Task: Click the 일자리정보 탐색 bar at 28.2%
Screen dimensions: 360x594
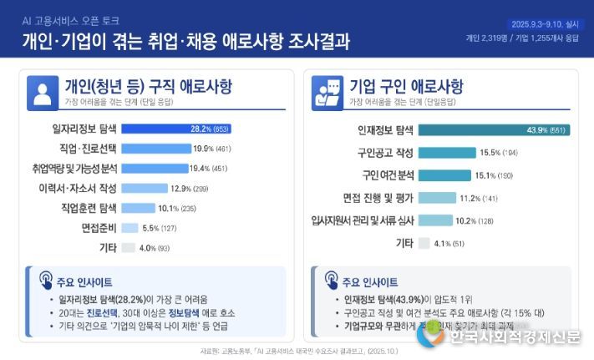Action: coord(175,129)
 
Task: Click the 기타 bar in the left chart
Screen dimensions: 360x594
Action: coord(128,247)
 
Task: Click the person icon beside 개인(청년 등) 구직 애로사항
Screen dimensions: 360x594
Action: coord(42,91)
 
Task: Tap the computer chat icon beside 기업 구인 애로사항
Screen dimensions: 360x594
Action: coord(327,91)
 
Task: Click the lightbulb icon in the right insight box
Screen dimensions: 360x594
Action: coord(327,281)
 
